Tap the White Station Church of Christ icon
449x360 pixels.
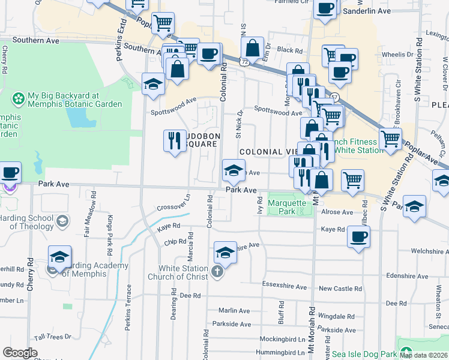[217, 273]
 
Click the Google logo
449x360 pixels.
[20, 353]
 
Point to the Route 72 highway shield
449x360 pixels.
[241, 61]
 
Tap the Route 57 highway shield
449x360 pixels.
[334, 97]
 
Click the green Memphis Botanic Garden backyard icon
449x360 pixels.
[19, 97]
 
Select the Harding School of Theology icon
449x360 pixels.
[61, 223]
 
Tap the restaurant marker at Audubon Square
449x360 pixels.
[175, 140]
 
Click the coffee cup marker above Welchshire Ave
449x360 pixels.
[358, 236]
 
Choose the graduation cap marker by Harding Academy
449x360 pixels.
[59, 257]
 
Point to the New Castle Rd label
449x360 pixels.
[340, 289]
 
